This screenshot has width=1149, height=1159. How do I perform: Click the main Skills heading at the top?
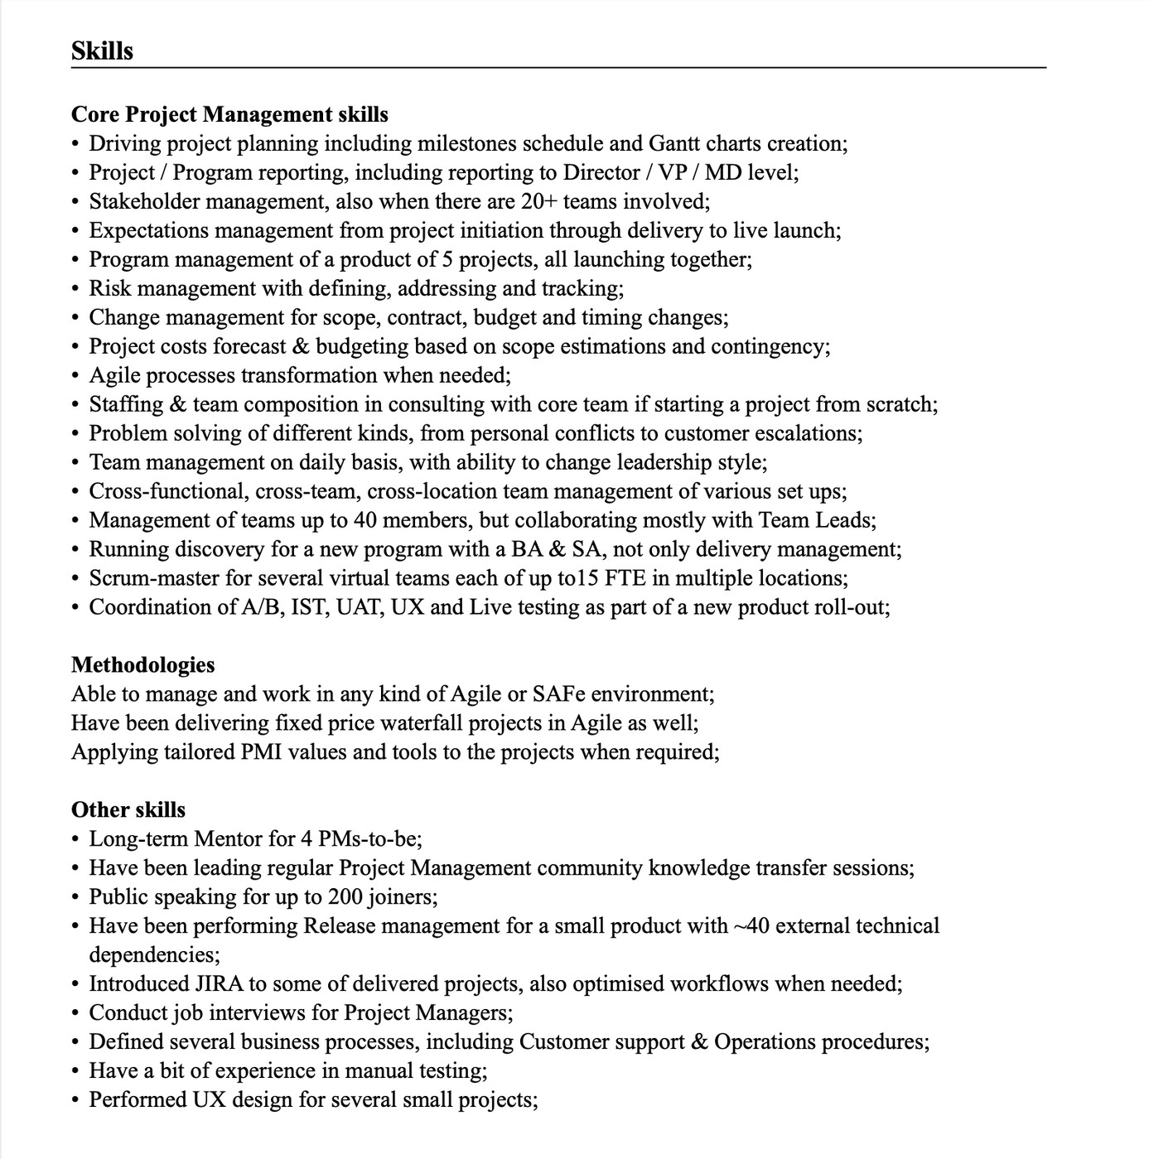[x=102, y=51]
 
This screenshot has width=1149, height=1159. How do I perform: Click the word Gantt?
[x=673, y=143]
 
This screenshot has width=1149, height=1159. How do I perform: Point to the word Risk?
[x=110, y=288]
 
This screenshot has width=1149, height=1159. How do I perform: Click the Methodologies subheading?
[x=142, y=665]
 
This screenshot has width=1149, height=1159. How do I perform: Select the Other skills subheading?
[x=128, y=810]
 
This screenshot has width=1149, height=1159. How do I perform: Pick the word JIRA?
[x=218, y=984]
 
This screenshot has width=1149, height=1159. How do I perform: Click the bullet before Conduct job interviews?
[x=75, y=1013]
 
